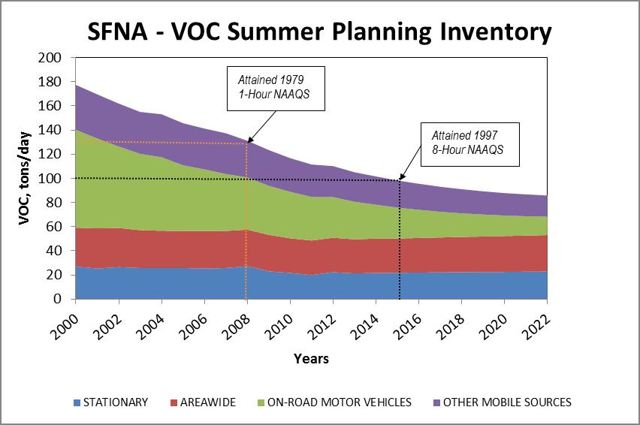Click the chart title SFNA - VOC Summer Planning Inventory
coord(319,32)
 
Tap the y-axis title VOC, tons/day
coord(25,178)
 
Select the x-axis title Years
coord(311,358)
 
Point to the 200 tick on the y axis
coord(50,58)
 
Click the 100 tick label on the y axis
coord(50,178)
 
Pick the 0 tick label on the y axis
coord(58,299)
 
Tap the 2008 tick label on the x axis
coord(236,327)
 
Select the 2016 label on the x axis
coord(407,327)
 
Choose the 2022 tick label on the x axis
coord(536,327)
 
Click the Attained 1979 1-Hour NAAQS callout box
coord(276,89)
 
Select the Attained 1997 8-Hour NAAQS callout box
coord(470,144)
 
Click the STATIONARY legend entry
coord(110,402)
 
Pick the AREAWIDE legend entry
coord(203,402)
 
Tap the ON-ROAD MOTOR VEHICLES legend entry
coord(334,402)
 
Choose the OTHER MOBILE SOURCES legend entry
coord(502,402)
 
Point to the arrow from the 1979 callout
coord(262,126)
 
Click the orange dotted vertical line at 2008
coord(246,221)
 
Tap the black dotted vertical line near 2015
coord(399,240)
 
